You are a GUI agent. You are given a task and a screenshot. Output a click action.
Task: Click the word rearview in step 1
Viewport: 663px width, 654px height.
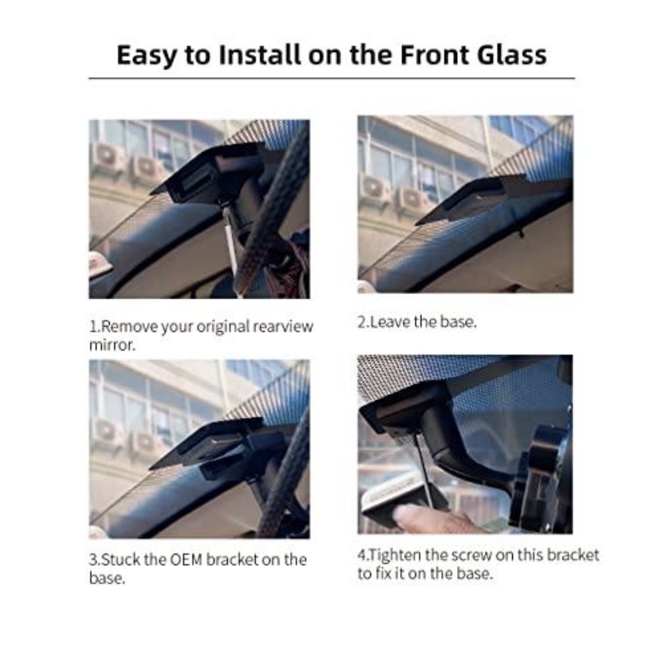click(x=283, y=327)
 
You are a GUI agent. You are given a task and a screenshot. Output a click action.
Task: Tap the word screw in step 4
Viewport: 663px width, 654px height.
click(x=471, y=555)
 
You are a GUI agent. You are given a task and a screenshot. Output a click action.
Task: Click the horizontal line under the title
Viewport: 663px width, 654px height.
click(x=331, y=78)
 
